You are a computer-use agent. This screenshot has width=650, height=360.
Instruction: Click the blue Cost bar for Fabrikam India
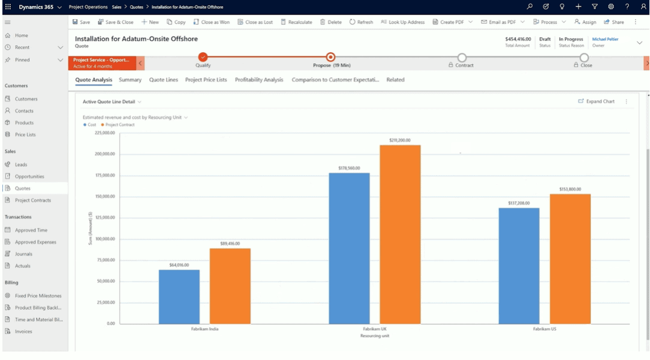(179, 296)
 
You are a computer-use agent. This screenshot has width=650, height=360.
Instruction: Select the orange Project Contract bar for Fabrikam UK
(400, 234)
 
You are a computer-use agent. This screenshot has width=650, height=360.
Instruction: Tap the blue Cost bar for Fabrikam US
(519, 265)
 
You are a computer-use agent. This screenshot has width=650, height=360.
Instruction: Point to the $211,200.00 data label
(400, 140)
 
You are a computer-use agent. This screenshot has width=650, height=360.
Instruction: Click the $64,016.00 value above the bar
(179, 265)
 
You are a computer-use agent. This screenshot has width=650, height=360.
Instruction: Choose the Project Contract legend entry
(120, 125)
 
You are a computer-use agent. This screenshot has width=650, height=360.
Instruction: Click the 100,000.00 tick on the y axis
(105, 239)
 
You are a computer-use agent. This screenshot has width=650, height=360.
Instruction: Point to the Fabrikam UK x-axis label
(375, 329)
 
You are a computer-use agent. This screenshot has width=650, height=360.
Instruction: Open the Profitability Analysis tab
(259, 80)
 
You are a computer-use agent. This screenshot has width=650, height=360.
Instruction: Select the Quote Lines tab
(164, 80)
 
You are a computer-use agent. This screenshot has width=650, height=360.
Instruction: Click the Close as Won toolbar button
(212, 22)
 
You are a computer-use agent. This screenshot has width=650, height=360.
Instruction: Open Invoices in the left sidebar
(24, 331)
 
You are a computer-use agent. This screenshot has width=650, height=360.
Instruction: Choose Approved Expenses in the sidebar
(35, 242)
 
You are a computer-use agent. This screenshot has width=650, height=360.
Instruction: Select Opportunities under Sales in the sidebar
(29, 176)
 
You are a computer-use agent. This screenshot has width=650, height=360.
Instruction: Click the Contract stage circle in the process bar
(461, 57)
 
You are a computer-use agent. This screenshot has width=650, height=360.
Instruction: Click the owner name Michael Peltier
(605, 39)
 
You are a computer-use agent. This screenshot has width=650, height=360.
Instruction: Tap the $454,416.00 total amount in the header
(518, 39)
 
